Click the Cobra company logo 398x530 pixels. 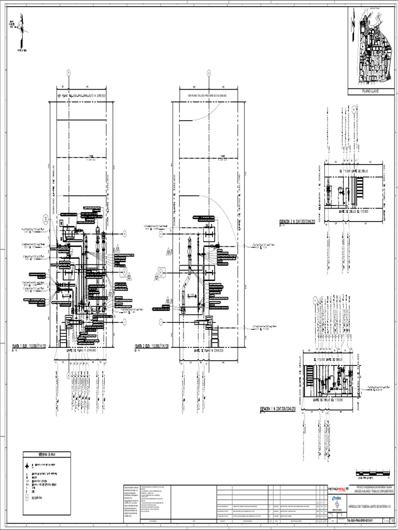[337, 500]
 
